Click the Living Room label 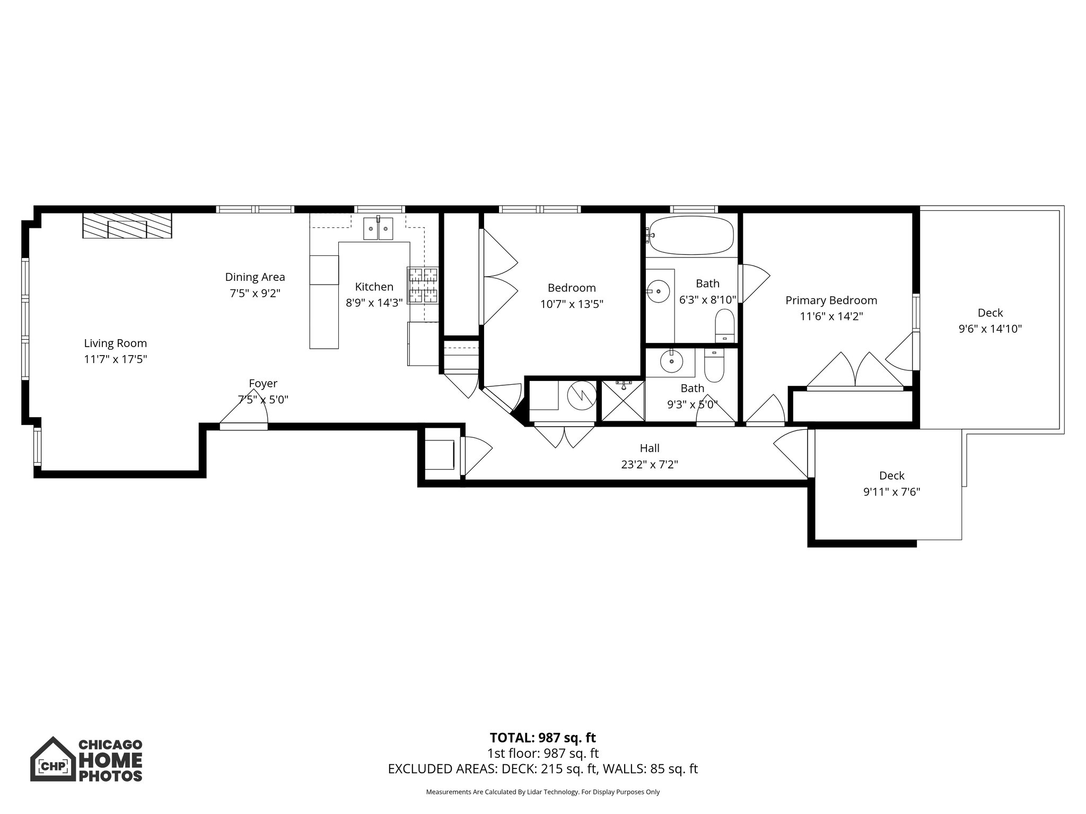click(115, 343)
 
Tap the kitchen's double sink click(379, 229)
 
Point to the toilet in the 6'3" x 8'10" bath click(724, 326)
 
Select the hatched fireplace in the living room click(127, 226)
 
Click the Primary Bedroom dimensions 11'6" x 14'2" click(831, 316)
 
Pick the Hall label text click(650, 448)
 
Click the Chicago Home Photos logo click(86, 760)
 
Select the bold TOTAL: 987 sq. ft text click(542, 738)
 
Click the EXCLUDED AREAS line click(542, 769)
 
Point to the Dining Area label click(255, 277)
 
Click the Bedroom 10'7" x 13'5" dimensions click(572, 304)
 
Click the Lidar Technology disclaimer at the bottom click(542, 792)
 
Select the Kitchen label click(374, 287)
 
